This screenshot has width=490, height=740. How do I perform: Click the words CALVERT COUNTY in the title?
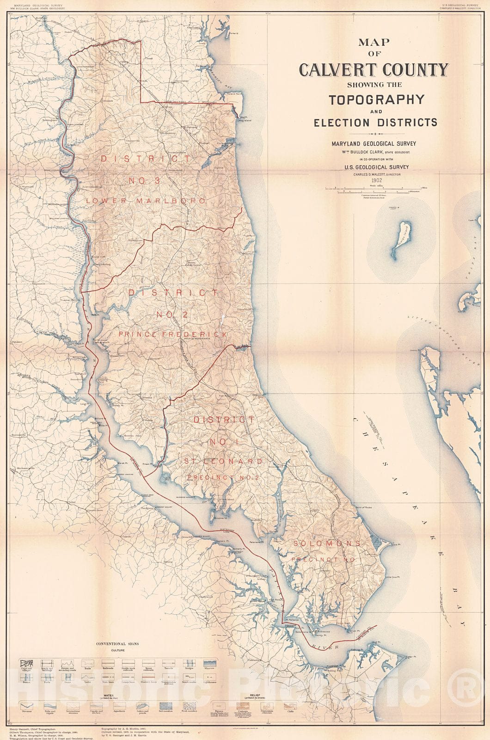click(374, 70)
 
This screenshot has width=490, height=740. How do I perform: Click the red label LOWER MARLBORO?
click(145, 201)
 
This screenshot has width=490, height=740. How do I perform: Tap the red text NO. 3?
click(145, 180)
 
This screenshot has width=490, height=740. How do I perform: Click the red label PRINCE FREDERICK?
click(173, 334)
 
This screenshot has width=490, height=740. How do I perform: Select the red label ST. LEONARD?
click(224, 462)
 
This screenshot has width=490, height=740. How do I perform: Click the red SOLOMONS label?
click(326, 543)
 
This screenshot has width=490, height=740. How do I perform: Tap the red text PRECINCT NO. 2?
click(224, 477)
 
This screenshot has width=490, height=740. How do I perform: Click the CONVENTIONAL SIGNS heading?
click(117, 644)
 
